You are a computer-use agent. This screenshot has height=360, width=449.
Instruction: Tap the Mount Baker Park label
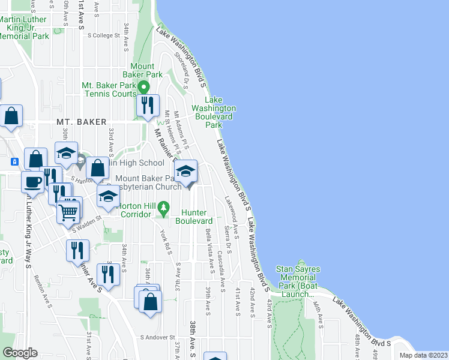(146, 70)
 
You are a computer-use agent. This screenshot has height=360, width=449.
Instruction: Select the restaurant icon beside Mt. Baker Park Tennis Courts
(147, 106)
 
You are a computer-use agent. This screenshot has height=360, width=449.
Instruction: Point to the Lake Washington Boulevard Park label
(214, 112)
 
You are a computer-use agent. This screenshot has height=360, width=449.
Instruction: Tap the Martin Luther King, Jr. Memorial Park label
(24, 28)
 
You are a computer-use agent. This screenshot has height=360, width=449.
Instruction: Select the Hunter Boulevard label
(195, 217)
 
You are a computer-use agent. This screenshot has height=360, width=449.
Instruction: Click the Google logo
(19, 353)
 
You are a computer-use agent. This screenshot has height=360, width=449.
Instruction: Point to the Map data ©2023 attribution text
(424, 355)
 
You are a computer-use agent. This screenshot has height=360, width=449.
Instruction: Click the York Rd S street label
(166, 240)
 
